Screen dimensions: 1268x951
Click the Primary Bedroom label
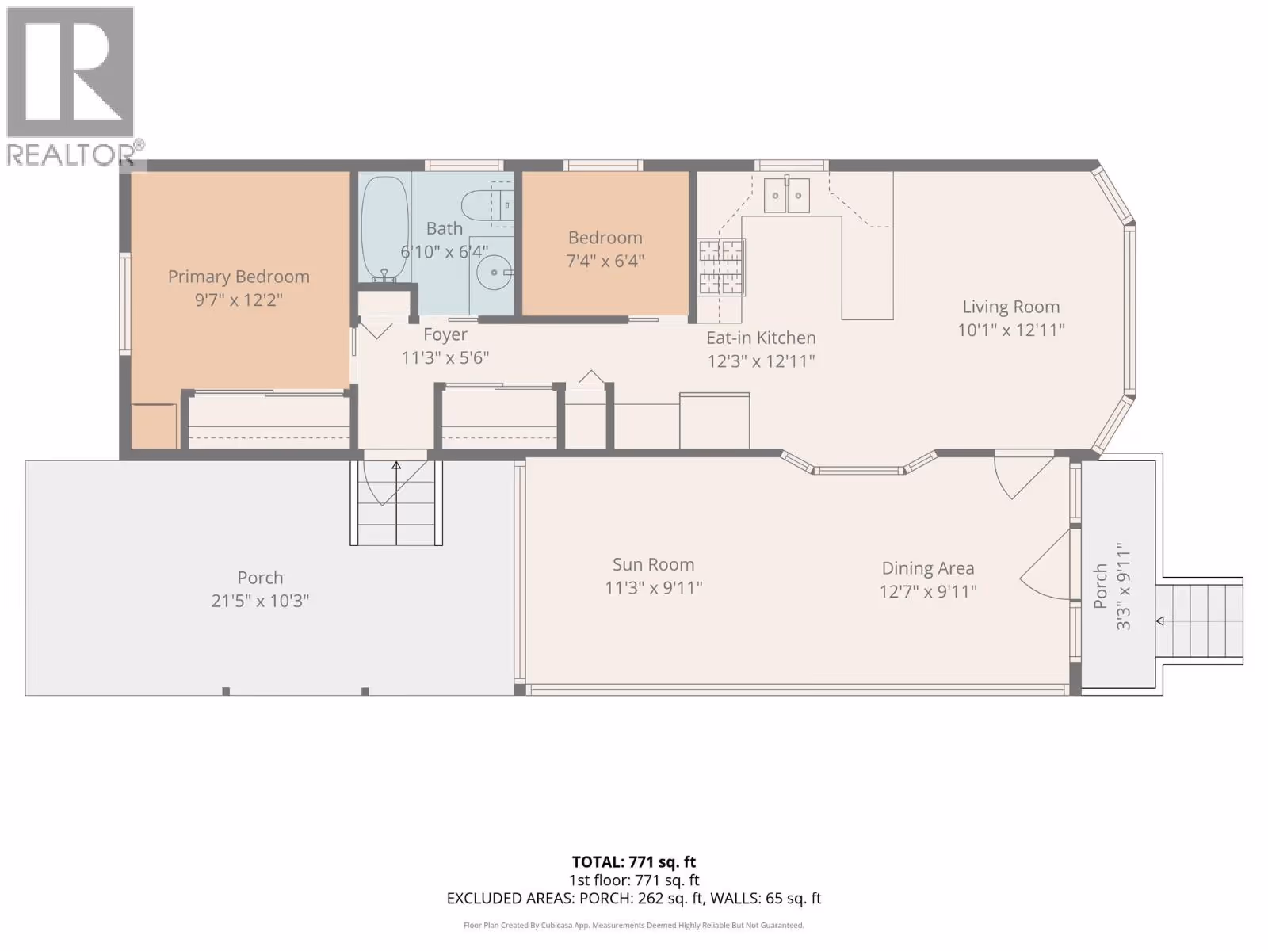point(239,277)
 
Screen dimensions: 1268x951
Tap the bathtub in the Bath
point(384,229)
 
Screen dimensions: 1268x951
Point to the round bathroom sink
point(495,272)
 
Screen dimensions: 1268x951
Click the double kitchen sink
point(786,195)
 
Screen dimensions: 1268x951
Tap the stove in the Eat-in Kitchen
point(721,267)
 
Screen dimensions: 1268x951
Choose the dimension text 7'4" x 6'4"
point(605,261)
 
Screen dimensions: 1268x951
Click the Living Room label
point(1011,307)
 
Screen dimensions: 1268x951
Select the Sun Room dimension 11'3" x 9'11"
point(653,588)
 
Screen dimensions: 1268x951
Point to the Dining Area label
point(928,568)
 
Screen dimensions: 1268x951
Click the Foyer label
point(445,334)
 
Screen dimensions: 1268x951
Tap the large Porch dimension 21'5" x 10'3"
point(260,601)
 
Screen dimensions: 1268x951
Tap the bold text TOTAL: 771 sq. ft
point(634,861)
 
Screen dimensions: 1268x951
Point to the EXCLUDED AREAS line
point(634,898)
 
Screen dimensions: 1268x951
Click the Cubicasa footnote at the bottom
point(634,925)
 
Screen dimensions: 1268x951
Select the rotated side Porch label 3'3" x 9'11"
point(1111,586)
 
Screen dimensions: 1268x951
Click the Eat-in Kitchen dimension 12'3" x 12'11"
point(761,361)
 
